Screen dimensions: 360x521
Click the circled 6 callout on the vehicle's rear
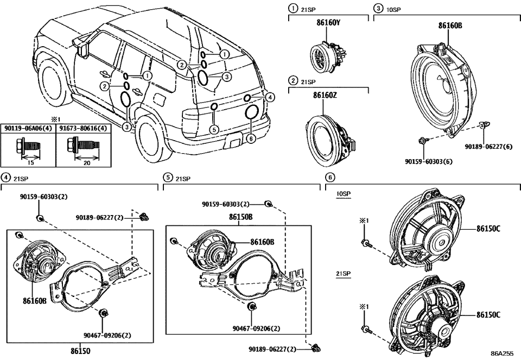251,138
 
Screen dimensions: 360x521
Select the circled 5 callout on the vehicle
214,129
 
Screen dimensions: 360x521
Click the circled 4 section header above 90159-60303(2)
6,178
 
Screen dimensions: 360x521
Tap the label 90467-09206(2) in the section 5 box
256,328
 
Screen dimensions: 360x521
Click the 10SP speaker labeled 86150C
427,231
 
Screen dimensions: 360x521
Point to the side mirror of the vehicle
84,47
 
